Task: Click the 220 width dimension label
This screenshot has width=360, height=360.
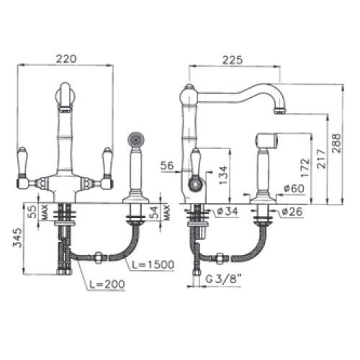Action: [x=66, y=59]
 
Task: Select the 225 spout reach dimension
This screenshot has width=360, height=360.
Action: [x=233, y=60]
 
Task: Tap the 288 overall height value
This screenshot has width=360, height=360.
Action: [x=336, y=143]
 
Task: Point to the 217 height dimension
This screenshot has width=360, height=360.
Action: [x=321, y=158]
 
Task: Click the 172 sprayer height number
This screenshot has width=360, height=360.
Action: [x=305, y=168]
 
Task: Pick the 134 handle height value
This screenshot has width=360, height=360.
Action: [x=223, y=175]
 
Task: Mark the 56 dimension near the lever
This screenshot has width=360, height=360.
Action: [x=167, y=166]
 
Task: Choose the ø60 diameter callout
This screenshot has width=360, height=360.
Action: [x=294, y=189]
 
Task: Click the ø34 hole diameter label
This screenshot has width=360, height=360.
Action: [x=228, y=211]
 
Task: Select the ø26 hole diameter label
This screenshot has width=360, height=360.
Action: [x=292, y=212]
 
